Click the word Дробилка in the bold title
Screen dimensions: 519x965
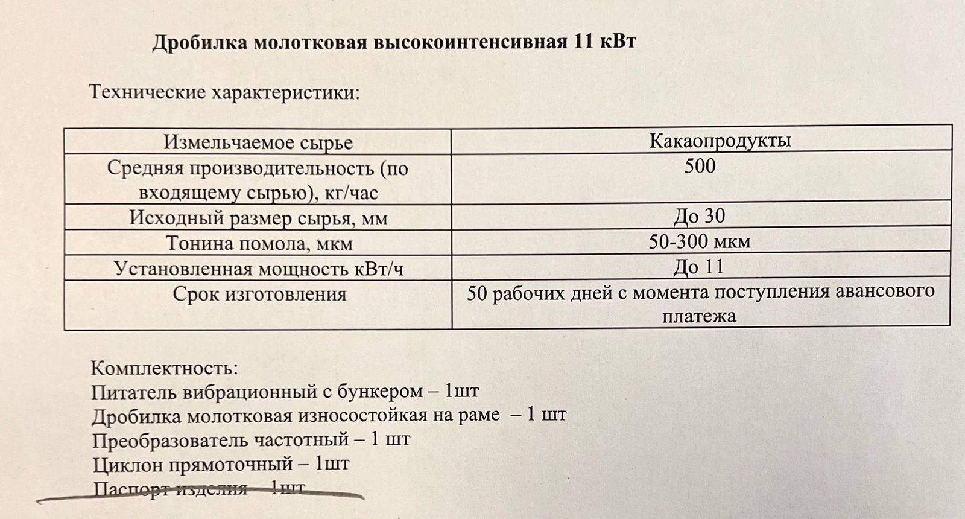coord(192,43)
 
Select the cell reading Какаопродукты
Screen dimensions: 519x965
coord(720,141)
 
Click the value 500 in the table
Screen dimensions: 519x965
coord(700,166)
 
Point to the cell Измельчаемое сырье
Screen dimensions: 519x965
coord(258,142)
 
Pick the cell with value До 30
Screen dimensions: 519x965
coord(700,216)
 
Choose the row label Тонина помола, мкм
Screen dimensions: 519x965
coord(259,243)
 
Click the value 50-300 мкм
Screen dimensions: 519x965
coord(700,242)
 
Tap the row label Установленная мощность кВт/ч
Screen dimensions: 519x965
coord(259,268)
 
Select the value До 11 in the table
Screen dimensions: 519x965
coord(698,267)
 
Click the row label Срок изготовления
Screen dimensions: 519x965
coord(259,294)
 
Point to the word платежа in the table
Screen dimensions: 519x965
coord(699,316)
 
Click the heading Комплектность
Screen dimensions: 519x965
coord(164,368)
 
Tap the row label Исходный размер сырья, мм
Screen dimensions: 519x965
coord(258,217)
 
